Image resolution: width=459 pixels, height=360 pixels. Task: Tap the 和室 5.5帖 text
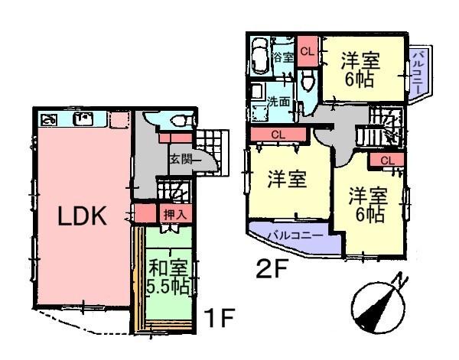[168, 278]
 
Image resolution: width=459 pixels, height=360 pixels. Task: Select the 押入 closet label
[173, 214]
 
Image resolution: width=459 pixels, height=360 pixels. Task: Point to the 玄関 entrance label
[184, 159]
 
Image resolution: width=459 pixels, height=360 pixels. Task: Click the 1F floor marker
[216, 316]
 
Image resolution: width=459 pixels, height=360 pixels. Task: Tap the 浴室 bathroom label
[282, 57]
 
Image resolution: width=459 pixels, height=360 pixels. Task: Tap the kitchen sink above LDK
[83, 119]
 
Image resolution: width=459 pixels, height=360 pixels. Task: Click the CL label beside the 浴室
[307, 52]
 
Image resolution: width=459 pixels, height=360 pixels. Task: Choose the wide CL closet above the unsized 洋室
[278, 135]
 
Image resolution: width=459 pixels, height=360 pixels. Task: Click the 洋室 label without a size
[287, 181]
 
